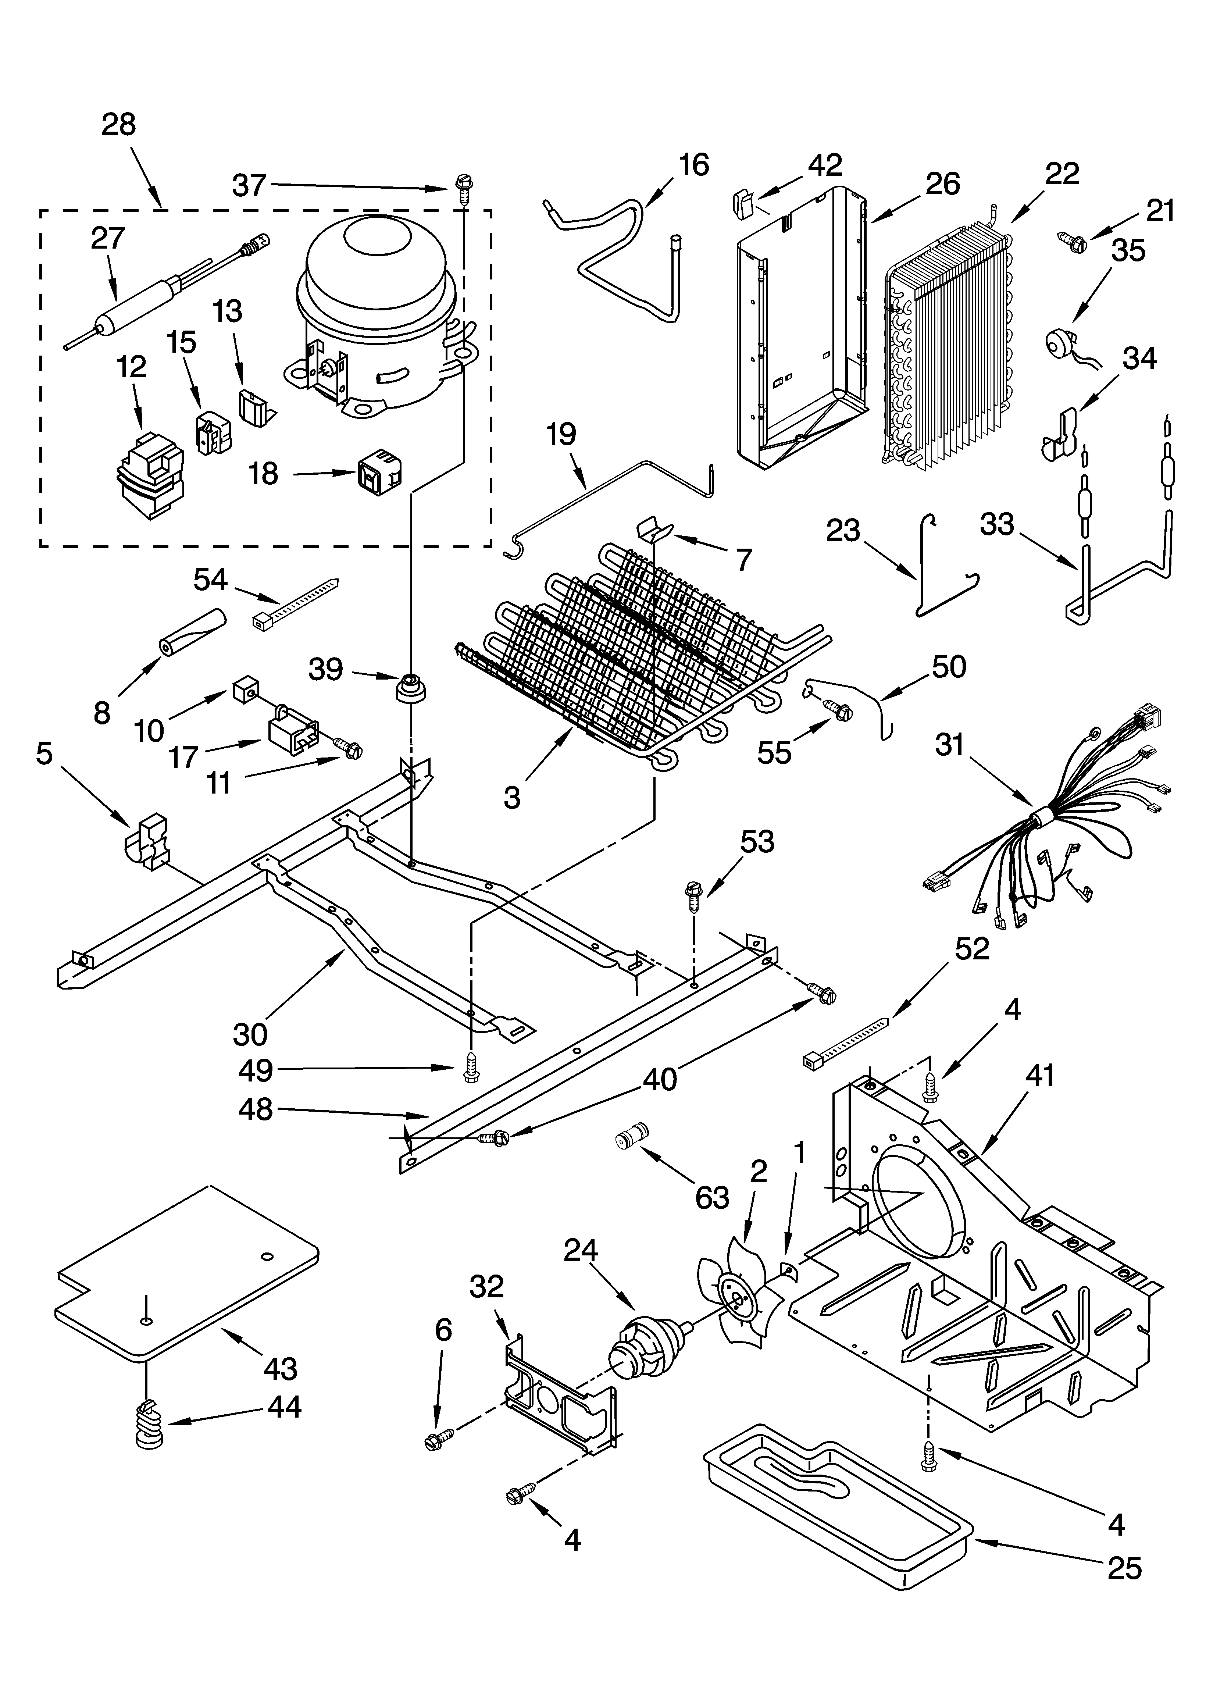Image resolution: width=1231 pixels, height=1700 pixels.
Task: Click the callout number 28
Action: click(x=118, y=124)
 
